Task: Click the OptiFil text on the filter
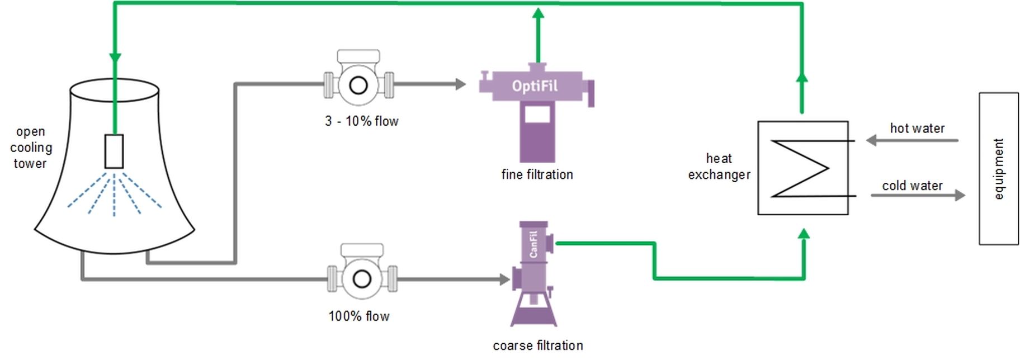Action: (x=535, y=87)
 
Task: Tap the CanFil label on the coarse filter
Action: (x=533, y=244)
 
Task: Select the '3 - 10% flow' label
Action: (x=361, y=121)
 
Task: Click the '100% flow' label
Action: (x=358, y=316)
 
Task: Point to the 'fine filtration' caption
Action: (x=537, y=175)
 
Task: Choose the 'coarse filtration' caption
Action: (x=537, y=346)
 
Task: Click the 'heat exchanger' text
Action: (x=719, y=167)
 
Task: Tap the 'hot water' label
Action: (x=917, y=129)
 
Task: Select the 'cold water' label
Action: (x=912, y=186)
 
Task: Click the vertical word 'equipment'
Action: (x=999, y=169)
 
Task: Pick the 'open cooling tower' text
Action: (x=31, y=148)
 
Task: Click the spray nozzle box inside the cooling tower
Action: (x=114, y=151)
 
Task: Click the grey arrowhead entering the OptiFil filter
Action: (x=460, y=84)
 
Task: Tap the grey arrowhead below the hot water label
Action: (x=871, y=140)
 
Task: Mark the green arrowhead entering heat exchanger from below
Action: (x=804, y=234)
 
